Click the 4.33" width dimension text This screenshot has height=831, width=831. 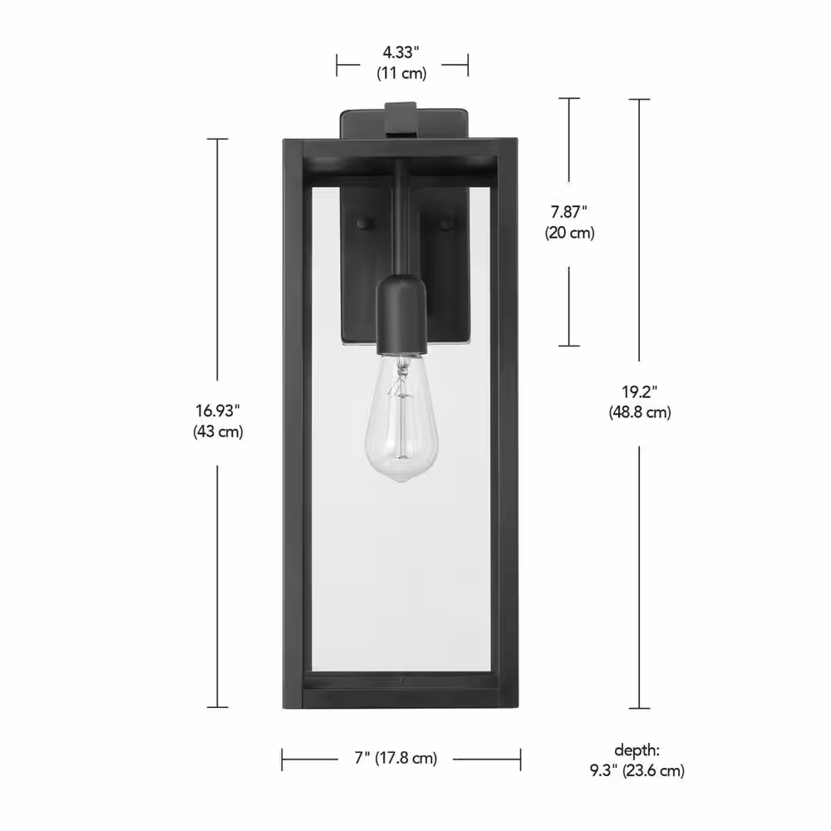click(401, 52)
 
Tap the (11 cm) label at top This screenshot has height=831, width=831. click(401, 73)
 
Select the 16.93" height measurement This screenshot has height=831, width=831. click(218, 411)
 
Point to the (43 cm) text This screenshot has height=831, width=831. click(218, 431)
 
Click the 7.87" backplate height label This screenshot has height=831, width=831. click(569, 212)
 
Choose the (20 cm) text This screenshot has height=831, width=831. click(570, 233)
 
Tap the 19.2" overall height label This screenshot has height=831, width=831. click(640, 392)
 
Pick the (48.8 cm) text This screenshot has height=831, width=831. click(640, 412)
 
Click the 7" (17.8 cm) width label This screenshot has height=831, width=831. click(396, 759)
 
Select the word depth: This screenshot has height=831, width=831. click(637, 750)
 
